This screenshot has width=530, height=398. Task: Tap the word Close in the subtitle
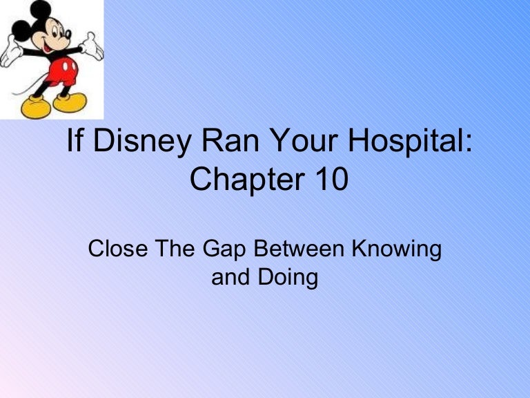pyautogui.click(x=118, y=248)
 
